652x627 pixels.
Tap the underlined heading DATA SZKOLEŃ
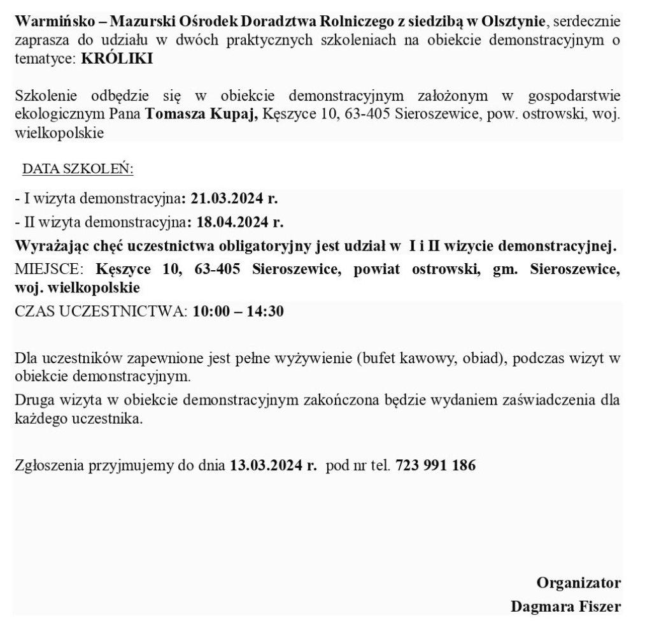click(77, 169)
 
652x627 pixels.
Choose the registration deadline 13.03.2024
click(268, 465)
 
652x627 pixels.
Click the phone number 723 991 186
click(436, 465)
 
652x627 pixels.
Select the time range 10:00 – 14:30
click(239, 312)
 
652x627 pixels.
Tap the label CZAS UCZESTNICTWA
click(101, 312)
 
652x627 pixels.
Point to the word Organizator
click(578, 582)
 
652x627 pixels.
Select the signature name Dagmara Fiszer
click(565, 606)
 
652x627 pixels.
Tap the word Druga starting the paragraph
click(32, 401)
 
